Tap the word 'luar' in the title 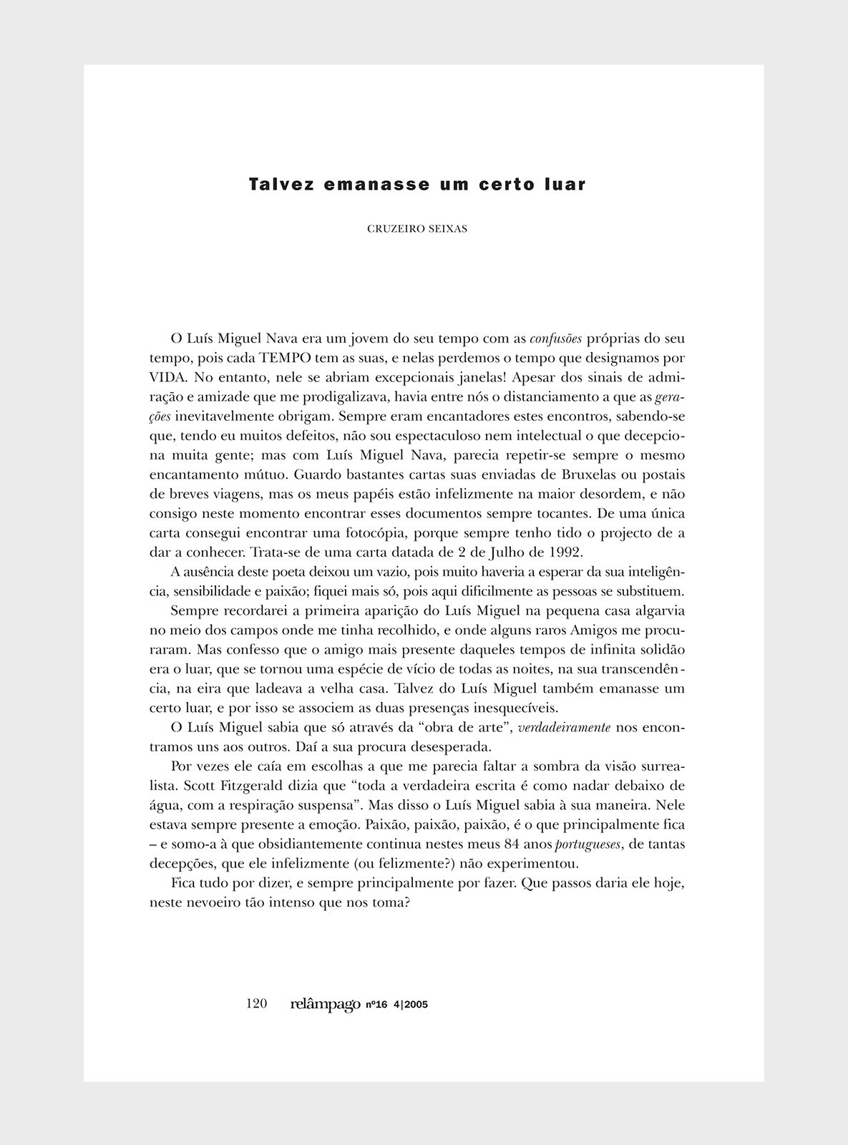tap(565, 185)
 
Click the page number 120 tap(256, 1004)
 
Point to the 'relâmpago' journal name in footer tap(326, 1005)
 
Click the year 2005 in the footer tap(416, 1005)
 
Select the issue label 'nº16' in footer tap(376, 1005)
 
